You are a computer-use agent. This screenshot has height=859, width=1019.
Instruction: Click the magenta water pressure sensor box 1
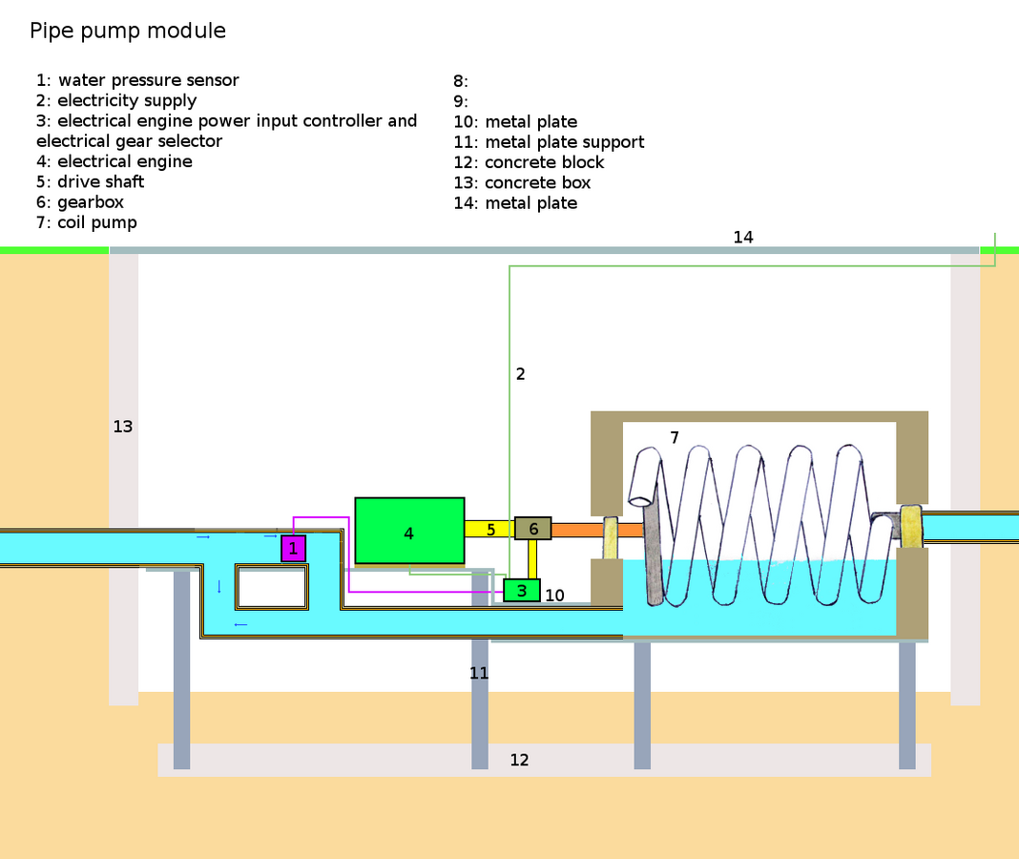coord(293,548)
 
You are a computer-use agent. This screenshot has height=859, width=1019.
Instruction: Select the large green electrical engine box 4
coord(409,531)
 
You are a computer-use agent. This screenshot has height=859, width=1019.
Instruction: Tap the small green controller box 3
coord(522,591)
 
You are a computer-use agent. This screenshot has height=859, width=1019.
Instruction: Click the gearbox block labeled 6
coord(533,528)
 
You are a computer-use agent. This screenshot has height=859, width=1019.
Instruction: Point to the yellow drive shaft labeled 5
coord(490,529)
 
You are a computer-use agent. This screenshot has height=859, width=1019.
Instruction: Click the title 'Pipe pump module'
coord(128,31)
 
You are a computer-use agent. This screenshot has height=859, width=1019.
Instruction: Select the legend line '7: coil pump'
coord(87,222)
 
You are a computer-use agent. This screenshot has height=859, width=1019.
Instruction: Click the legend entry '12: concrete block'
coord(529,162)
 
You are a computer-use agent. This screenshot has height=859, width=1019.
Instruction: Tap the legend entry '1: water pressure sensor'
coord(137,80)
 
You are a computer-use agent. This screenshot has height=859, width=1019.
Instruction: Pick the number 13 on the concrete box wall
coord(123,427)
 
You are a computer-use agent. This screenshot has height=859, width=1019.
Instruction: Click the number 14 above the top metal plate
coord(743,238)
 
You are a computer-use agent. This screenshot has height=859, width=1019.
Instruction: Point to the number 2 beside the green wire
coord(521,374)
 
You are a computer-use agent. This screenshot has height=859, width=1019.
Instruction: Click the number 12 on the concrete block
coord(519,760)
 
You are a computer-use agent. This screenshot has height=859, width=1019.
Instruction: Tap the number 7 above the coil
coord(675,438)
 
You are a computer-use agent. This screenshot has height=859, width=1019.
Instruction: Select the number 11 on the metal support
coord(479,673)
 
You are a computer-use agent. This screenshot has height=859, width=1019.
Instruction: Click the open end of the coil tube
coord(640,501)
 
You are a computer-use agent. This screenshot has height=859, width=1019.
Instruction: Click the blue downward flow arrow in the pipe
coord(219,587)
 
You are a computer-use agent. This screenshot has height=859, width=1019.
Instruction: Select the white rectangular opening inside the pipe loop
coord(272,587)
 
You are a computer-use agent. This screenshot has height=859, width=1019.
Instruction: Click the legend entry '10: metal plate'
coord(515,121)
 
